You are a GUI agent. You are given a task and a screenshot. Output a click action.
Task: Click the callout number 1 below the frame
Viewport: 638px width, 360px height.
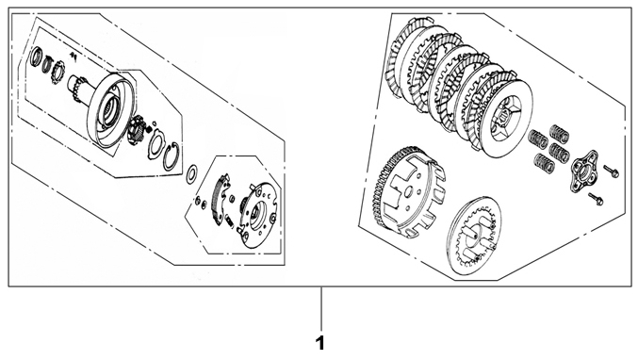point(320,343)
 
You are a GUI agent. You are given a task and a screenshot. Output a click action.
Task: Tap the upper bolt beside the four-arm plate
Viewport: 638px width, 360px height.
point(612,171)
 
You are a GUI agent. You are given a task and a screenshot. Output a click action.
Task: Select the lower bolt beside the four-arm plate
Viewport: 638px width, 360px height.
point(596,199)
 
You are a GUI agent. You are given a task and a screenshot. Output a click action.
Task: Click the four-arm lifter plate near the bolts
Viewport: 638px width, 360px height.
point(583,172)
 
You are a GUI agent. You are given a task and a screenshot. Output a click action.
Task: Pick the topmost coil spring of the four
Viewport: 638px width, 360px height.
point(559,134)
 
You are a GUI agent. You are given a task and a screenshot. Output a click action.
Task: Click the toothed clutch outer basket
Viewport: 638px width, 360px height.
point(408,192)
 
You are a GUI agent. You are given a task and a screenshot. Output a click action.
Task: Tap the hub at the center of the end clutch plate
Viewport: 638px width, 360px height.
point(506,116)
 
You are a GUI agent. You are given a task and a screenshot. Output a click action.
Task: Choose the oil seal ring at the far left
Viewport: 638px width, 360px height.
point(36,57)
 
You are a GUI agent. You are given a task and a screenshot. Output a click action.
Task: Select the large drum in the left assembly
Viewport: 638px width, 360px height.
point(110,110)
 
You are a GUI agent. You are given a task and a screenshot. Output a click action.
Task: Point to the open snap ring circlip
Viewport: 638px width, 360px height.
point(172,156)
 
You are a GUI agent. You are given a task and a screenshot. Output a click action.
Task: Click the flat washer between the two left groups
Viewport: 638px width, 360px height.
point(191,173)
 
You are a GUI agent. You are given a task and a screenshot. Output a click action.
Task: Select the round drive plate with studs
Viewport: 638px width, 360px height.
point(259,215)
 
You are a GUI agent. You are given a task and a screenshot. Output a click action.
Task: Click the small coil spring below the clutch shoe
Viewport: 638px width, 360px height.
point(229,221)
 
